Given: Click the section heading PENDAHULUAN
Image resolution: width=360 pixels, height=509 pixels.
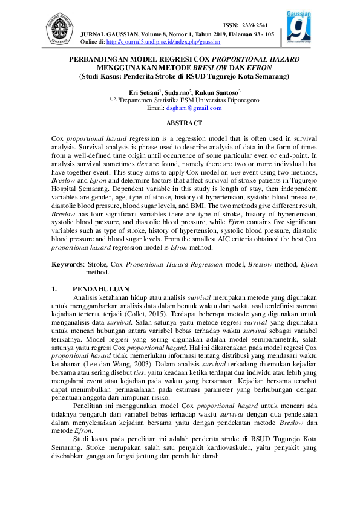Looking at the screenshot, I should coord(100,289).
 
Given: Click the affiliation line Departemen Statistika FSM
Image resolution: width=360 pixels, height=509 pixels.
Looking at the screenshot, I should coord(190,100).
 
